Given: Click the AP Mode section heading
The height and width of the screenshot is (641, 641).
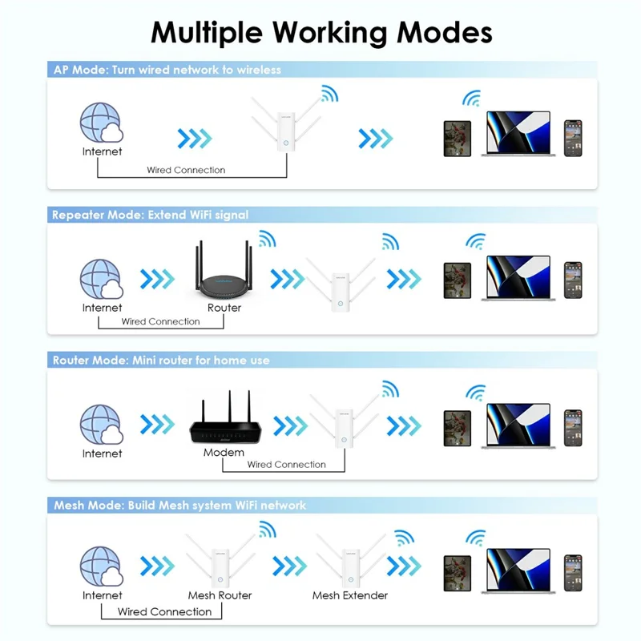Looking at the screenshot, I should [167, 70].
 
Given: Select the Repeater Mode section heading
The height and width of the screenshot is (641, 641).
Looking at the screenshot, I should [150, 215].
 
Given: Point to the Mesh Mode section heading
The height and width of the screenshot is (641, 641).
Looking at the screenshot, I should [179, 506].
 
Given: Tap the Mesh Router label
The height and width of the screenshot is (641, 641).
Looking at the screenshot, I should [220, 595].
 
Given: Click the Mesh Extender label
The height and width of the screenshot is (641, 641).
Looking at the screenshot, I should [350, 595].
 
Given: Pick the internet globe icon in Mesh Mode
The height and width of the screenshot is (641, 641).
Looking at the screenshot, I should [102, 566].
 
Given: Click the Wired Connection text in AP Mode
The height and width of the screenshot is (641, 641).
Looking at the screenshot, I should [186, 170].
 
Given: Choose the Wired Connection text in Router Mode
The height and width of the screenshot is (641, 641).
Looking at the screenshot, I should [286, 465].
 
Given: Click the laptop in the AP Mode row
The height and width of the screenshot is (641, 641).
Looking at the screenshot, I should [518, 132].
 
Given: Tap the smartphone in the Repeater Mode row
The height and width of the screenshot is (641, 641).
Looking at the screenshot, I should [572, 280].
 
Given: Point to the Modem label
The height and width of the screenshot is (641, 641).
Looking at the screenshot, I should [224, 453].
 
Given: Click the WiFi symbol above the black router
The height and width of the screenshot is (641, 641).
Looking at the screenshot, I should [267, 239].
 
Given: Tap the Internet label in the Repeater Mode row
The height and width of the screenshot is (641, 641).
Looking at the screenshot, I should [102, 308].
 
